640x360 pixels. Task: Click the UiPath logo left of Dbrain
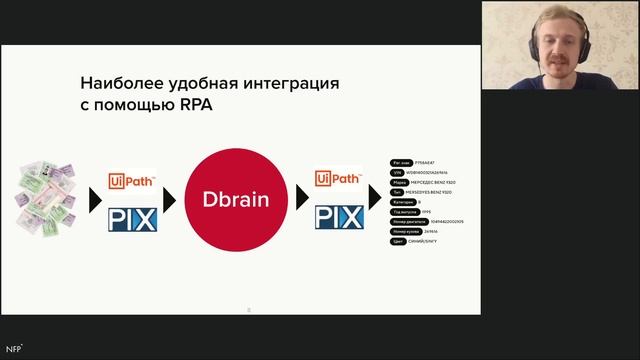pos(133,181)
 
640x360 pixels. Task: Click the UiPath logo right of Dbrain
pos(338,180)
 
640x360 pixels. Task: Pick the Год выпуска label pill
pos(404,212)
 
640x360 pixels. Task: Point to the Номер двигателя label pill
pos(407,222)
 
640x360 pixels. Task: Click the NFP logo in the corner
pos(14,348)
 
